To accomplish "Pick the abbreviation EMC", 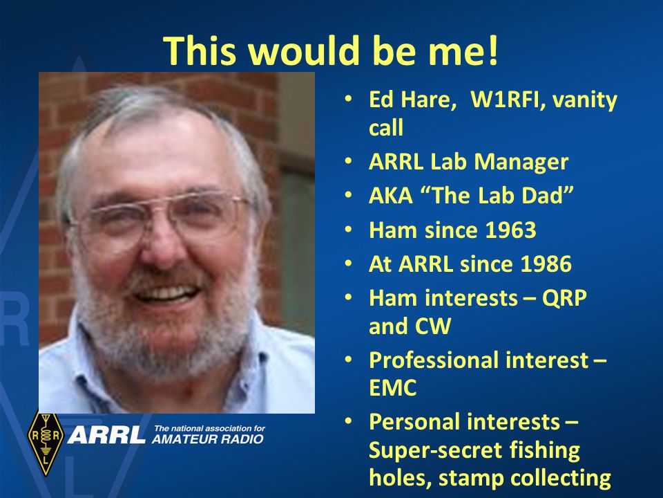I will pyautogui.click(x=393, y=389).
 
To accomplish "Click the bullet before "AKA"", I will pyautogui.click(x=349, y=196).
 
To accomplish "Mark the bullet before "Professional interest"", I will pyautogui.click(x=349, y=360).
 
